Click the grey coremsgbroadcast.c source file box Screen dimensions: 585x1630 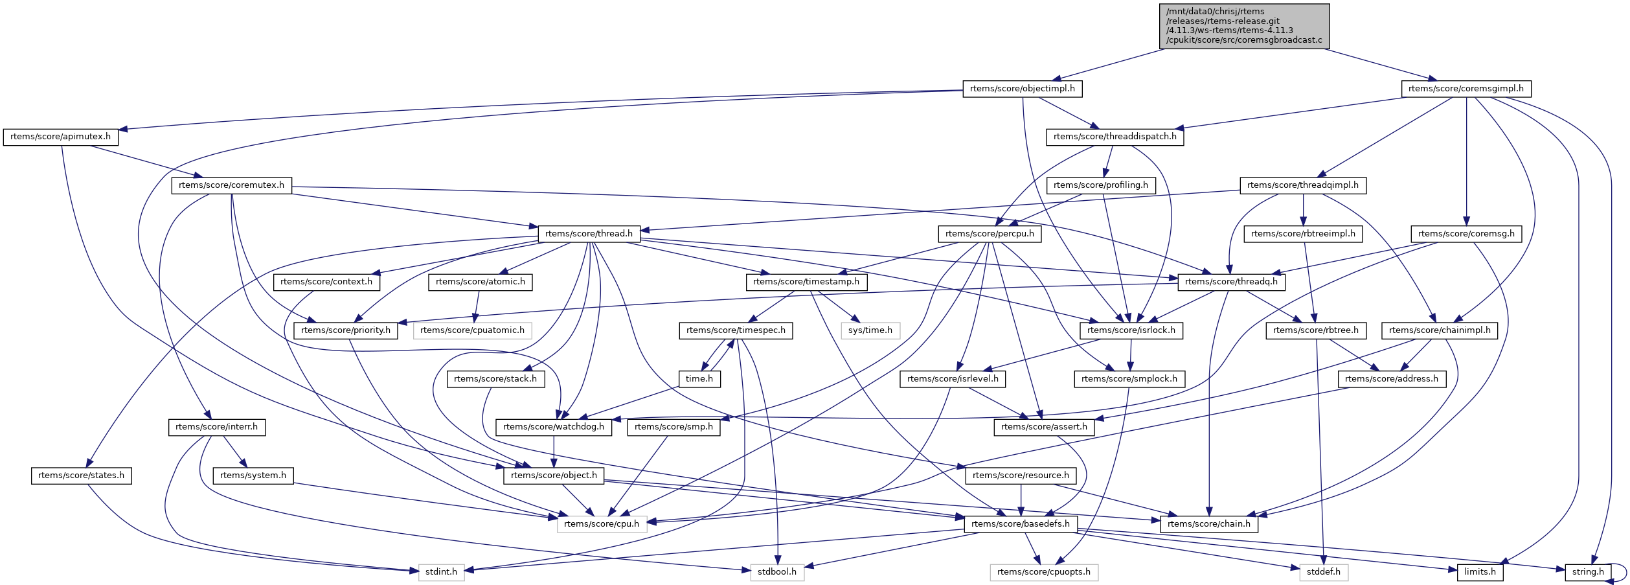[x=1244, y=26]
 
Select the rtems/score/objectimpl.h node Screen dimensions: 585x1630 [x=1022, y=89]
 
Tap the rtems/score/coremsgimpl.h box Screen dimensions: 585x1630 [x=1466, y=89]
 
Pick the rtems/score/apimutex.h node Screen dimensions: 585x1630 [x=60, y=137]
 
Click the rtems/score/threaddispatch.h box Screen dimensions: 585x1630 [x=1115, y=137]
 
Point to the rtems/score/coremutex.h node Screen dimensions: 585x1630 [x=231, y=185]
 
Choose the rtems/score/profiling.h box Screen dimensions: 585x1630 [x=1100, y=185]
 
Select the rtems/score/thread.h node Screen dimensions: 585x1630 [x=589, y=234]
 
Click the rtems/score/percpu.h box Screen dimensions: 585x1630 [x=989, y=234]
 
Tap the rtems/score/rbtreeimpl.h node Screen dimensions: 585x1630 [x=1303, y=234]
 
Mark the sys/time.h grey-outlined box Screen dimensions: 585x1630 [x=870, y=330]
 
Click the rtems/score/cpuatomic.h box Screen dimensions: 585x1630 [x=472, y=330]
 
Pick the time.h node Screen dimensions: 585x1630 [x=699, y=379]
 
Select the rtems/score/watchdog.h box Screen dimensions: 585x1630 [x=553, y=427]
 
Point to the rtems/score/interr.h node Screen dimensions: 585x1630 [x=216, y=427]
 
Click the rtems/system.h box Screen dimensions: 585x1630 [x=253, y=476]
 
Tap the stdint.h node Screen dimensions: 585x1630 [x=441, y=572]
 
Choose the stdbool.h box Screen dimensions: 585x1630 [x=777, y=572]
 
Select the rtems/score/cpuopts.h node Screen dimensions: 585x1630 [x=1043, y=572]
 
